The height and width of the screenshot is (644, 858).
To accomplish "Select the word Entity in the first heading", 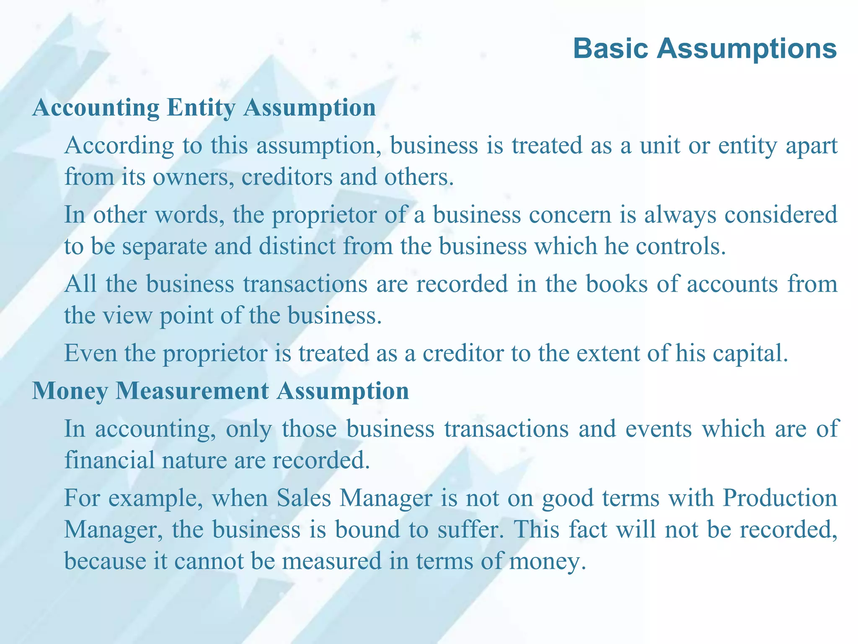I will tap(201, 108).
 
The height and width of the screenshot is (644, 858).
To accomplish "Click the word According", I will tap(119, 146).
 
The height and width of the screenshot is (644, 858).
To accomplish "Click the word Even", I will tap(90, 353).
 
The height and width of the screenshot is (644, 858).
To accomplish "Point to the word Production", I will tap(780, 498).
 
